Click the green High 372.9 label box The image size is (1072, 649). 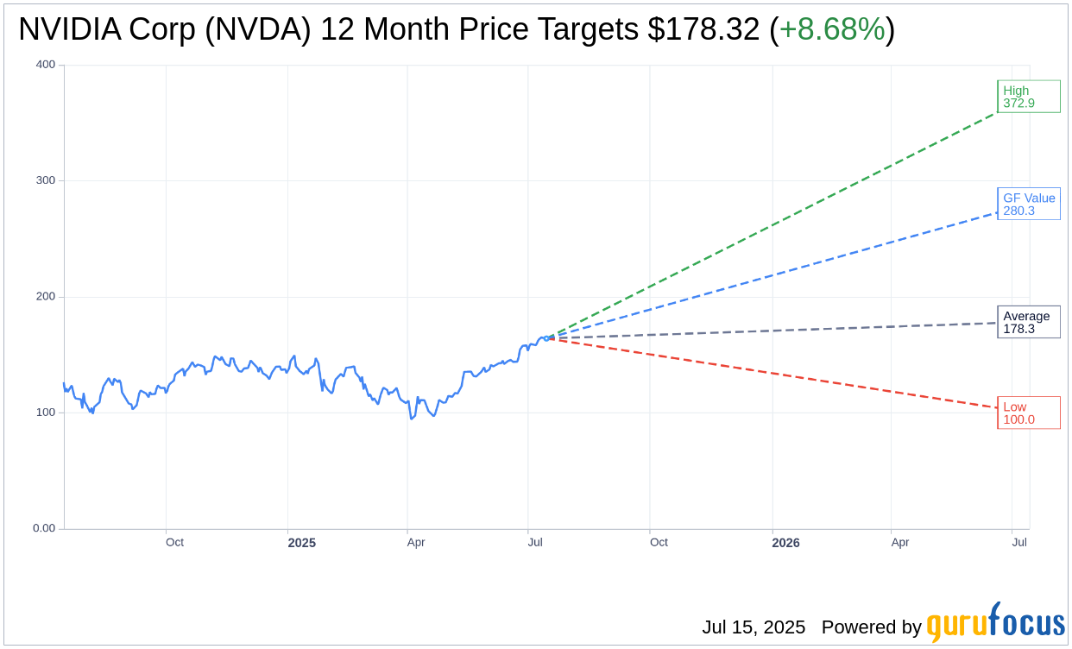[x=1028, y=97]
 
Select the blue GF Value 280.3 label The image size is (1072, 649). [x=1028, y=204]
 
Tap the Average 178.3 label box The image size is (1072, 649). [x=1028, y=322]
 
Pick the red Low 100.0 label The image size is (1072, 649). [x=1028, y=413]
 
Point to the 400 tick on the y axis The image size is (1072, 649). [x=46, y=65]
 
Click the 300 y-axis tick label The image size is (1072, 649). [x=46, y=180]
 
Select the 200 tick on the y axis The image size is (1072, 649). [x=46, y=297]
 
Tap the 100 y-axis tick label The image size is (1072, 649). [x=46, y=413]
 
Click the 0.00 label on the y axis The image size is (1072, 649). [x=44, y=528]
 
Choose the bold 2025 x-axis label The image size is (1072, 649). [x=302, y=543]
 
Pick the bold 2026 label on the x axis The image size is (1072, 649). [x=785, y=543]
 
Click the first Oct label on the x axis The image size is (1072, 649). [x=174, y=542]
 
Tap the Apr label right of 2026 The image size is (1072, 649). [x=900, y=542]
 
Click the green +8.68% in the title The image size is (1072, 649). [x=832, y=29]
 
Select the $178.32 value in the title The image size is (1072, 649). [x=703, y=29]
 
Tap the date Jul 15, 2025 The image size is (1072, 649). [x=754, y=627]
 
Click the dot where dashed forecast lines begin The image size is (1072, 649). [x=545, y=338]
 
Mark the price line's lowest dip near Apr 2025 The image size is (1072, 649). [x=411, y=419]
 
